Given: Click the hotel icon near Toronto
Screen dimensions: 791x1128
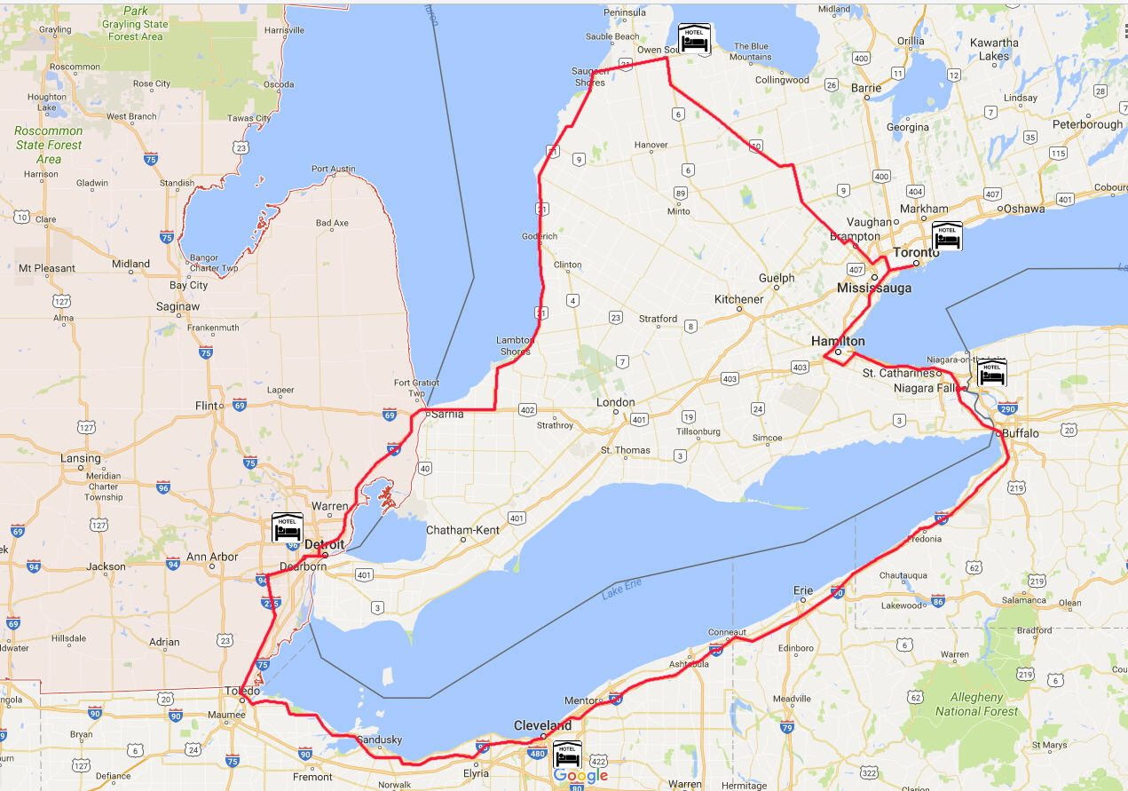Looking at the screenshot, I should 947,237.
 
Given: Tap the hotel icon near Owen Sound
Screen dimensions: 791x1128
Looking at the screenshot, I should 694,38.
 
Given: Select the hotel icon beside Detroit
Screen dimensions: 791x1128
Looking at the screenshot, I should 288,527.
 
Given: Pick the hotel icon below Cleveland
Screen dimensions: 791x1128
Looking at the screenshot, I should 568,755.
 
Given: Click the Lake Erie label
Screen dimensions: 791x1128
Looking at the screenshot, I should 621,589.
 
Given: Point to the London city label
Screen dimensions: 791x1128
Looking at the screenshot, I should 616,402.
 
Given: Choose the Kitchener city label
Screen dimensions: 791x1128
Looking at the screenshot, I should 738,299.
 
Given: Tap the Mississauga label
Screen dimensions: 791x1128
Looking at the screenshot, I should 873,289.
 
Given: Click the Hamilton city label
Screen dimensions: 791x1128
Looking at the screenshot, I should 838,341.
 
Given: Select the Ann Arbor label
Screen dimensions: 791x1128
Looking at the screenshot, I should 212,557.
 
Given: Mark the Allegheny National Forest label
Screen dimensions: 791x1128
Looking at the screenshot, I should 976,704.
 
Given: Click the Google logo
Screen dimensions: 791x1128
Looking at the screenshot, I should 580,776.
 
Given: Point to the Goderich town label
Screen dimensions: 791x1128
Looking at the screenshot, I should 540,236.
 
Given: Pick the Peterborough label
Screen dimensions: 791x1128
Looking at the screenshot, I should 1087,124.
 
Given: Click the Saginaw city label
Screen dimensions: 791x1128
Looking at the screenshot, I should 177,306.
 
